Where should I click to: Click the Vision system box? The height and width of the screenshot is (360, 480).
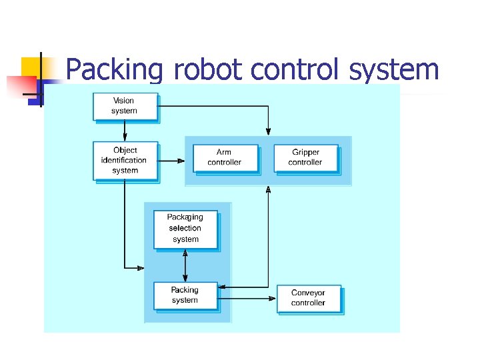coord(124,106)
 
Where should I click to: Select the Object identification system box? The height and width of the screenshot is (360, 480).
coord(125,160)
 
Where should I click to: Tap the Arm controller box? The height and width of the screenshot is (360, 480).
coord(225,158)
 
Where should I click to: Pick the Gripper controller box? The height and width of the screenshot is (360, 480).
coord(305,158)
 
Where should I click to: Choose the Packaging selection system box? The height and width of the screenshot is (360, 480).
coord(185,229)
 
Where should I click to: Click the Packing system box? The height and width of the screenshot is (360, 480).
coord(185,295)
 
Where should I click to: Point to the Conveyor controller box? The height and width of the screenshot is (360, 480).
coord(308,298)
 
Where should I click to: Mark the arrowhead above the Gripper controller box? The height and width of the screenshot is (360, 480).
coord(268,129)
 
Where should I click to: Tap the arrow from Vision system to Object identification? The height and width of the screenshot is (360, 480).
coord(125,131)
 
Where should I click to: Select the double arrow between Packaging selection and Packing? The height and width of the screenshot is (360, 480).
coord(185,266)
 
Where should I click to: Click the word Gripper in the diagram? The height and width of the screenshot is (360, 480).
coord(305,153)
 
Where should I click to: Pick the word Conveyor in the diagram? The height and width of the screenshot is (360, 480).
coord(308,293)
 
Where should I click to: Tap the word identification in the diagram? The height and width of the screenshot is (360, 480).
coord(124,160)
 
